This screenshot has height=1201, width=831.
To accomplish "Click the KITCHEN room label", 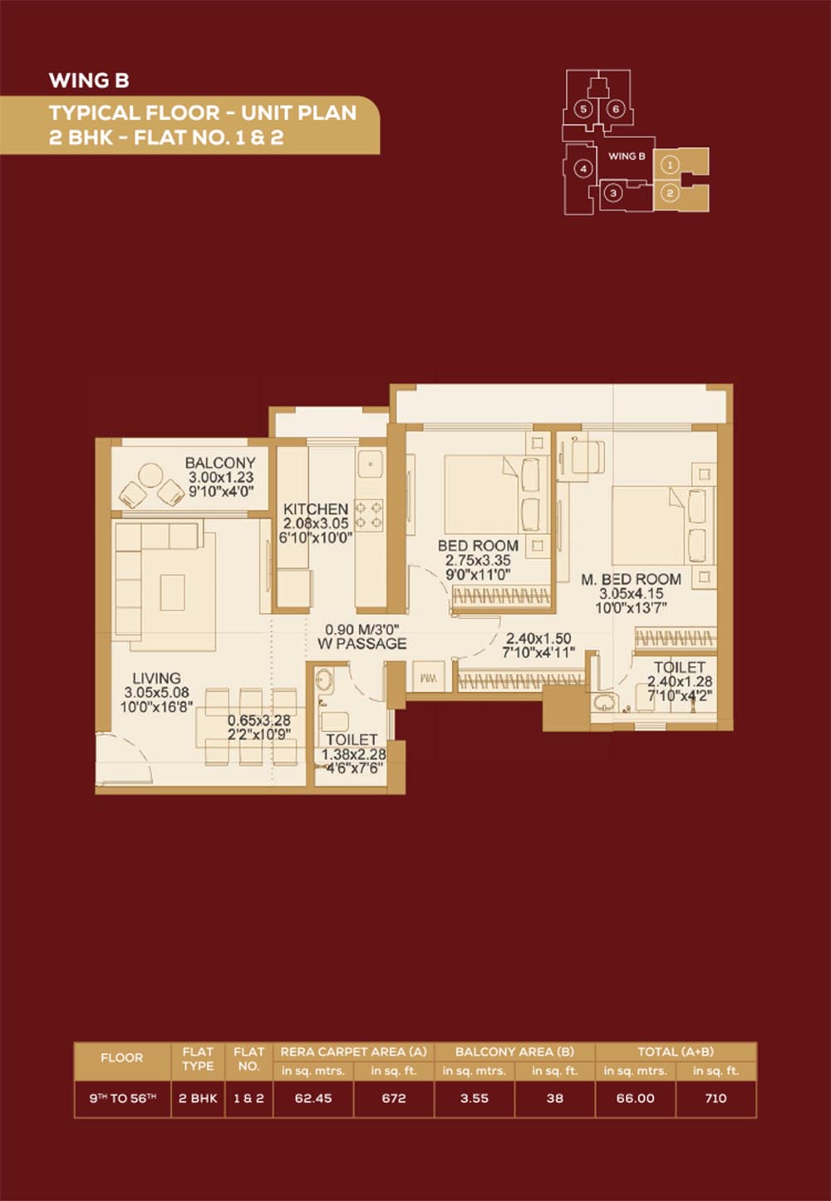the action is pyautogui.click(x=316, y=509).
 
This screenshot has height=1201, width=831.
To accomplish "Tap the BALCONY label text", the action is pyautogui.click(x=220, y=462).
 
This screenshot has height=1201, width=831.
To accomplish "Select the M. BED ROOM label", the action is pyautogui.click(x=632, y=579).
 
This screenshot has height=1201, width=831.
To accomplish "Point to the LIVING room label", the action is pyautogui.click(x=156, y=678).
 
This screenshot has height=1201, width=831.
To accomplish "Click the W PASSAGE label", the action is pyautogui.click(x=361, y=644).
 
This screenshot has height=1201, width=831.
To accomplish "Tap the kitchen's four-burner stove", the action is pyautogui.click(x=370, y=516).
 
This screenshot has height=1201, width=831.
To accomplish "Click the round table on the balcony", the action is pyautogui.click(x=150, y=476).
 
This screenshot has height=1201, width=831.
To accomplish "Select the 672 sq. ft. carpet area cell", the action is pyautogui.click(x=394, y=1098).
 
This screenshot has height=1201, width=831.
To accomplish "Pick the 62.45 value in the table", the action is pyautogui.click(x=313, y=1098).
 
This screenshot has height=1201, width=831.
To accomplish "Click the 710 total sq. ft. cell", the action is pyautogui.click(x=715, y=1098).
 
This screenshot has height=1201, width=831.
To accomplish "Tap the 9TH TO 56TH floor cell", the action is pyautogui.click(x=123, y=1098).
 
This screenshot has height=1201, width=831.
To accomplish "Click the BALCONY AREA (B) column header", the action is pyautogui.click(x=514, y=1052).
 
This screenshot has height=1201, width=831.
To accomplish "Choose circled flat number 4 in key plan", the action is pyautogui.click(x=583, y=170).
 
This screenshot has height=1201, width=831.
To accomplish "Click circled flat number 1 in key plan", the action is pyautogui.click(x=671, y=166).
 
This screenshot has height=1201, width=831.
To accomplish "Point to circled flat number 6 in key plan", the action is pyautogui.click(x=616, y=110).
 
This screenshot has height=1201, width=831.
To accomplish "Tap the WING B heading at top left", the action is pyautogui.click(x=89, y=81).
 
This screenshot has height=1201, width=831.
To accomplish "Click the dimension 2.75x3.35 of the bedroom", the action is pyautogui.click(x=478, y=561).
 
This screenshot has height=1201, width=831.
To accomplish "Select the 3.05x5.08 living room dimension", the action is pyautogui.click(x=156, y=692).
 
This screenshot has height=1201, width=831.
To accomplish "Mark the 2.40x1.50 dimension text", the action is pyautogui.click(x=538, y=638).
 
